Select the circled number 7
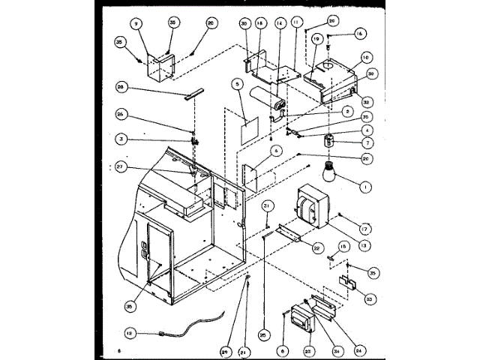click(347, 142)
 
